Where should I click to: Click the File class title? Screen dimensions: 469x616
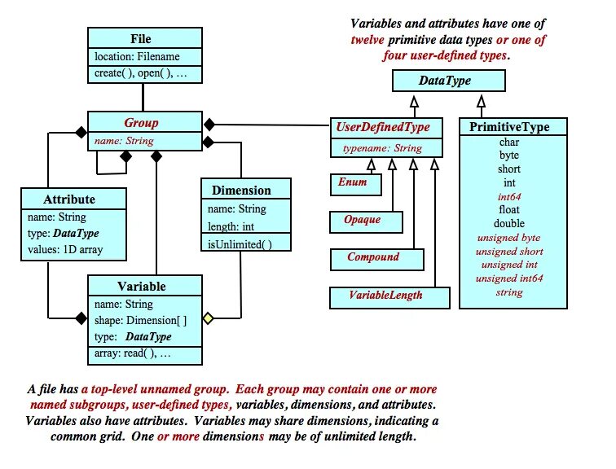pos(140,38)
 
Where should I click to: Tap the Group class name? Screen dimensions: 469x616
pos(141,124)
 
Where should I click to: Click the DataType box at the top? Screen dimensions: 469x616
pos(445,81)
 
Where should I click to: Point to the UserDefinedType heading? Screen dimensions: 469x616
pos(386,127)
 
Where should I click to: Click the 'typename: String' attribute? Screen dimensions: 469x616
pos(382,148)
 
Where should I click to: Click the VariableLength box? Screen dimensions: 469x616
pos(385,296)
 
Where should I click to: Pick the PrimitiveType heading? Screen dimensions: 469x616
pos(509,127)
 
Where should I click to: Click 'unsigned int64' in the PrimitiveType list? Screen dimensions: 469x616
pos(509,278)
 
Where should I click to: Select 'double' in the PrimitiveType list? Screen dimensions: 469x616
pos(509,223)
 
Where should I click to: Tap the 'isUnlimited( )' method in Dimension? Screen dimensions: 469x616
pos(240,244)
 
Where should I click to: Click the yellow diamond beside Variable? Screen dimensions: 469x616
pos(208,318)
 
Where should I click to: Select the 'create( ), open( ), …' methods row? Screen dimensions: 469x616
pos(140,74)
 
